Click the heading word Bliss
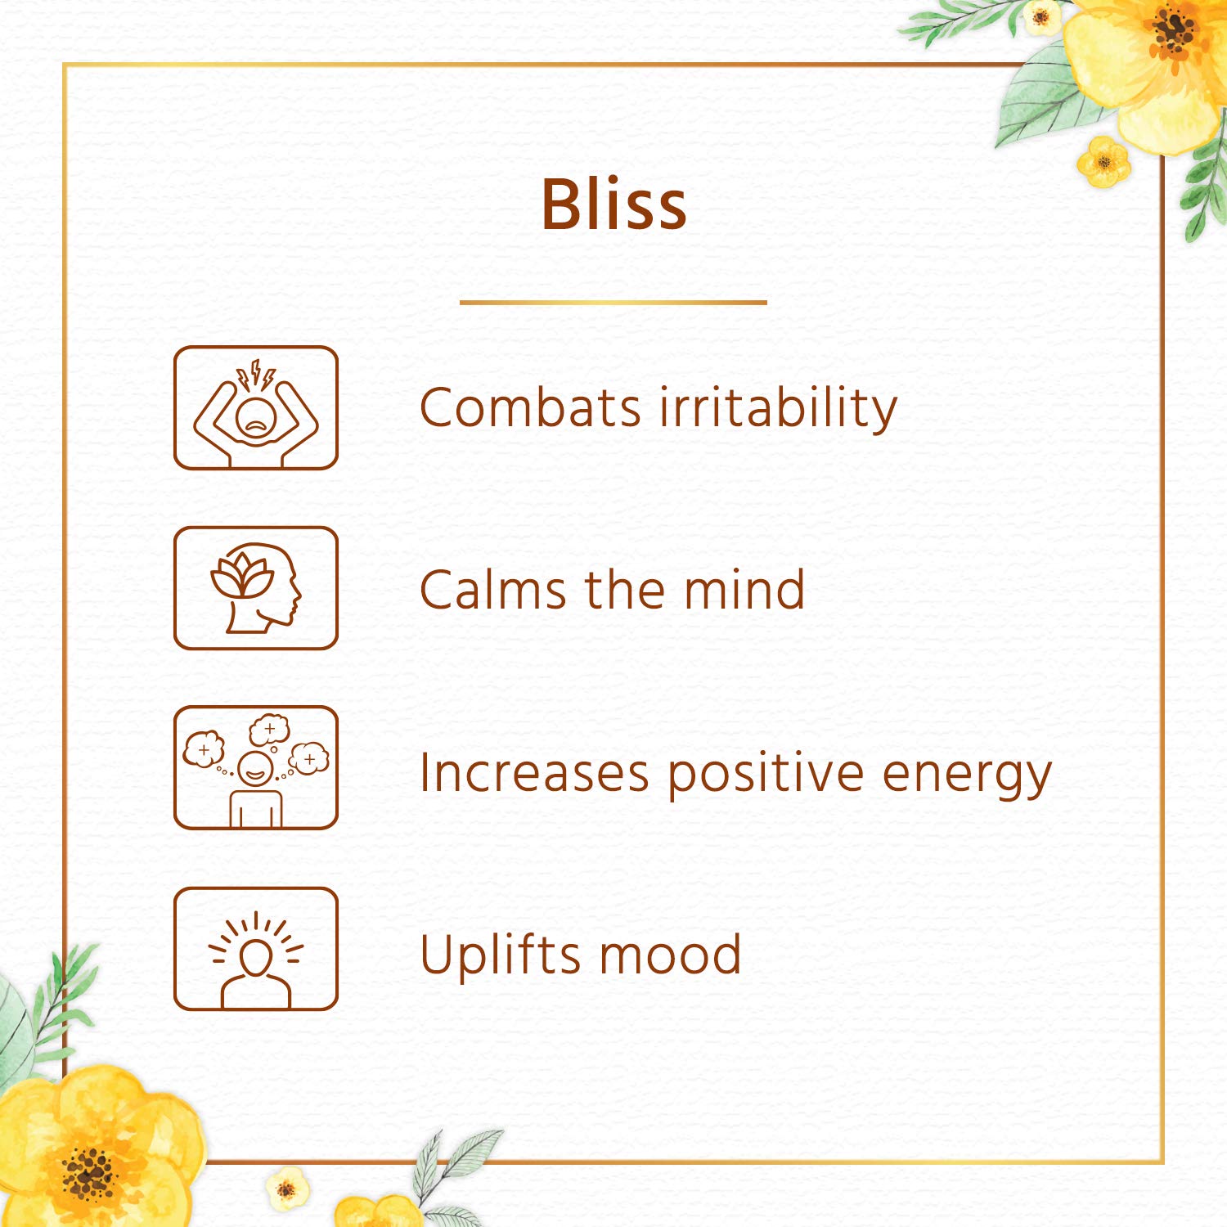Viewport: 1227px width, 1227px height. click(613, 204)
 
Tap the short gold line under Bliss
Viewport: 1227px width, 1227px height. click(613, 303)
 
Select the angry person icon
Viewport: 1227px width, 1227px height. click(256, 407)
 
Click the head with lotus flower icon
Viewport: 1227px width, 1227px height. click(256, 588)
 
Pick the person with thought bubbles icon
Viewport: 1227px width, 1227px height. click(256, 768)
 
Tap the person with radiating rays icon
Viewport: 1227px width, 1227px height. click(256, 949)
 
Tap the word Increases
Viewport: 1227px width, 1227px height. click(534, 773)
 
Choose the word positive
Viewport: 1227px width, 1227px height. click(766, 775)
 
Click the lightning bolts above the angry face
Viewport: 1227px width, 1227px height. click(256, 375)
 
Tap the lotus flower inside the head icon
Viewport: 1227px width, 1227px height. click(242, 575)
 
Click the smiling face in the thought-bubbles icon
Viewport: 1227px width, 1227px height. click(255, 768)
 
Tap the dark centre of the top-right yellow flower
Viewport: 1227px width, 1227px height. click(1174, 34)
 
